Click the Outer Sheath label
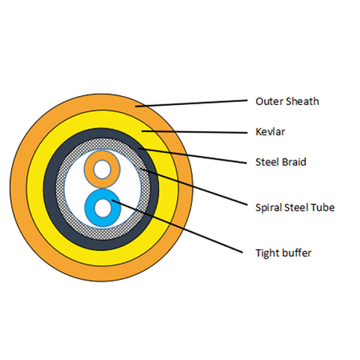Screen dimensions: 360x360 (x=287, y=101)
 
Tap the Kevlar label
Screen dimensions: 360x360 (x=270, y=132)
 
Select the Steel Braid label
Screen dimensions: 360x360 (x=280, y=162)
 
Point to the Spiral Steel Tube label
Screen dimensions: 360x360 (x=295, y=208)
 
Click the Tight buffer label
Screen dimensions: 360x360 (x=283, y=253)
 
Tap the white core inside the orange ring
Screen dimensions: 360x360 (x=102, y=169)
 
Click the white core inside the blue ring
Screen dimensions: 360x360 (x=103, y=208)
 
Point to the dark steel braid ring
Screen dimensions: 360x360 (x=49, y=189)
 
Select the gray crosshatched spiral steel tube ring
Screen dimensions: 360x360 (x=60, y=189)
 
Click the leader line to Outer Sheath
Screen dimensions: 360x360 (x=191, y=103)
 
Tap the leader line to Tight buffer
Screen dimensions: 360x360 (x=177, y=226)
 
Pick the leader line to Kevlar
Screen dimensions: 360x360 (x=194, y=132)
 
